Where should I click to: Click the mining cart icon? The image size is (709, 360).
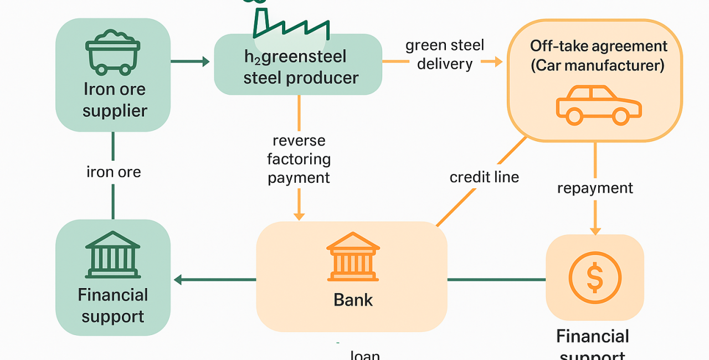click(x=112, y=53)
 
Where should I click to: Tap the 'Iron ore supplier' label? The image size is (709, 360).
click(x=115, y=100)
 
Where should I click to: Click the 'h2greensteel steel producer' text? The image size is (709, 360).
click(x=299, y=67)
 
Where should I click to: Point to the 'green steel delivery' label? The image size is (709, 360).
click(x=445, y=54)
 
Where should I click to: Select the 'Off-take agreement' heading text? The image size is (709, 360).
click(x=598, y=46)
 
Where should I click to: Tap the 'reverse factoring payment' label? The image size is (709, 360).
click(x=299, y=159)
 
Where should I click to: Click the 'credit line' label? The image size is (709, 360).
click(x=484, y=177)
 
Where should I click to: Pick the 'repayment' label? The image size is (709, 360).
click(x=595, y=188)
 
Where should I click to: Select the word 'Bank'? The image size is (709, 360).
click(x=353, y=300)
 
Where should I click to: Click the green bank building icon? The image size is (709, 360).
click(x=112, y=254)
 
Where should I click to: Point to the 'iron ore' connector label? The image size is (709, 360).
click(x=114, y=172)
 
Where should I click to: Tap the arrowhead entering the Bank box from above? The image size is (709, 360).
click(x=299, y=215)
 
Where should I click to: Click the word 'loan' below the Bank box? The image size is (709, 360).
click(x=365, y=354)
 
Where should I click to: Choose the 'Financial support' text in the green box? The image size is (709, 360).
click(x=113, y=305)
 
